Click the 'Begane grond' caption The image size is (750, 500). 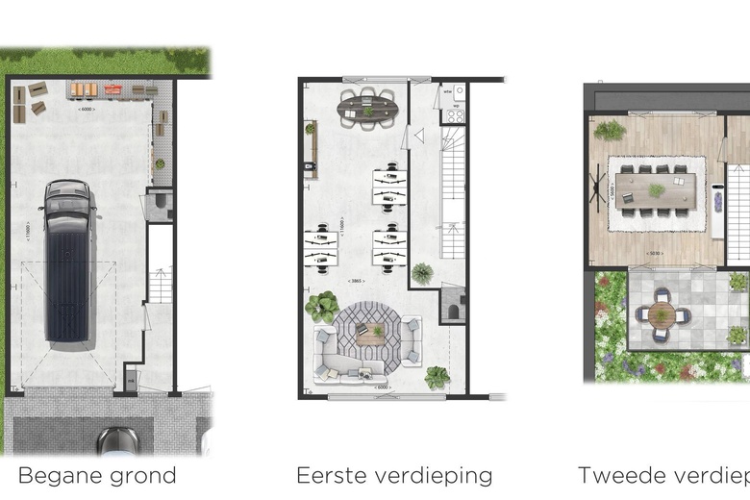click(x=97, y=475)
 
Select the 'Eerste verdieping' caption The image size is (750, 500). click(x=394, y=475)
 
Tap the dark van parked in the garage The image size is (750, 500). click(x=67, y=261)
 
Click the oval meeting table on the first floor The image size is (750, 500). click(x=368, y=108)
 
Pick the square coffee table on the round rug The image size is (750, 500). click(x=370, y=335)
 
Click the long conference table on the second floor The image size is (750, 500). click(x=657, y=190)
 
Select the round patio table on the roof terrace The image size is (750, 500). click(x=662, y=314)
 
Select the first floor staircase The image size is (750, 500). click(x=453, y=192)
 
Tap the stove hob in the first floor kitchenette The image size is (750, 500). click(x=455, y=115)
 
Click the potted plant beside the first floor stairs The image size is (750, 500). click(x=422, y=273)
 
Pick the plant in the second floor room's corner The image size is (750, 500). click(x=609, y=130)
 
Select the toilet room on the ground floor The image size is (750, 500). click(x=159, y=205)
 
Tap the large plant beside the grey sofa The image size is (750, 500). click(x=320, y=307)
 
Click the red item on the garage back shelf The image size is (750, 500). click(x=113, y=89)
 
